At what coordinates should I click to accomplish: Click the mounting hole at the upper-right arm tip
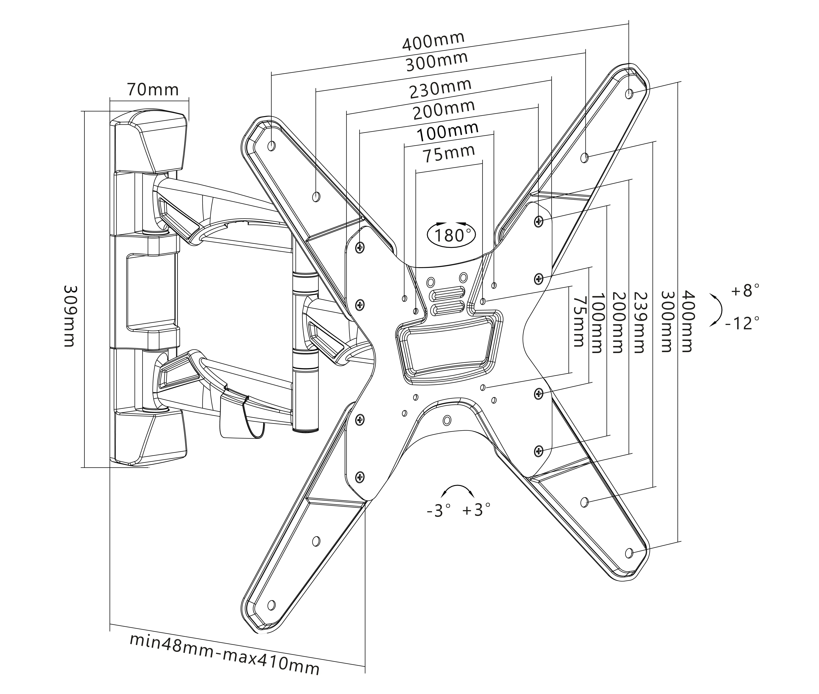[x=629, y=94]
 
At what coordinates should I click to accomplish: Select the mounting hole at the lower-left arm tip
[x=271, y=605]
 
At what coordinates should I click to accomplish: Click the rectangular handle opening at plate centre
[x=449, y=348]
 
